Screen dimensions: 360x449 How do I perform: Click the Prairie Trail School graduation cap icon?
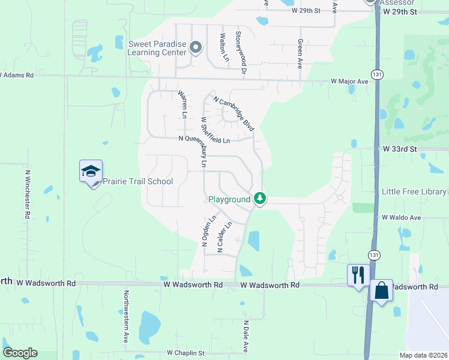tap(91, 172)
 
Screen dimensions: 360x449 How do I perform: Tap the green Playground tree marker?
tap(259, 198)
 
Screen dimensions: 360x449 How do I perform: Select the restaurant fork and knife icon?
tap(358, 275)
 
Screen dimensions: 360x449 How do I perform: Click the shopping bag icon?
tap(381, 290)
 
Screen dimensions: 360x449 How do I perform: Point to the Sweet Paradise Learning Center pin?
tap(195, 47)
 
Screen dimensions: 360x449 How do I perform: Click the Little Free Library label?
tap(414, 191)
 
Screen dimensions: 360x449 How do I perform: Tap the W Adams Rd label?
tap(17, 76)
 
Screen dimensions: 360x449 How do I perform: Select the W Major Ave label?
tap(349, 81)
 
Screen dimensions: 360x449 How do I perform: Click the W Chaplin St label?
tap(185, 353)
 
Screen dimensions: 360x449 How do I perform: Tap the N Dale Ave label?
tap(246, 336)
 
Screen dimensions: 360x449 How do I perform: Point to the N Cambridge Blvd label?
tap(234, 115)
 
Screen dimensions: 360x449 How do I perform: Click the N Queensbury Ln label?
tap(204, 139)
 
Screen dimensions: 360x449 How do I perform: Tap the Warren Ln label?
tap(181, 104)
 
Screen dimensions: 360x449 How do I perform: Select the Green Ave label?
tap(300, 54)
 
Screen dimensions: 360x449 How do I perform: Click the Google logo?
tap(20, 353)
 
